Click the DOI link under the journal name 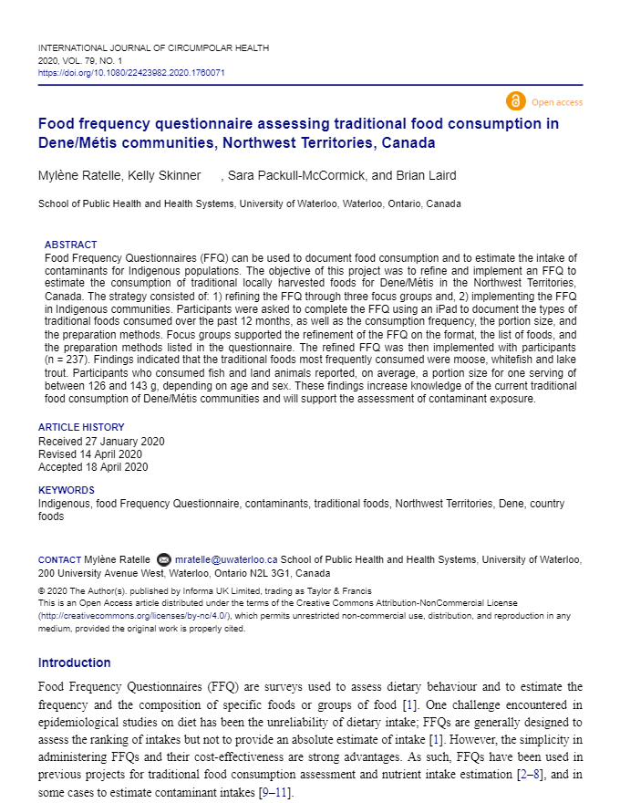[x=131, y=72]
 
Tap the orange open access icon [x=515, y=101]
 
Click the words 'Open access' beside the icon [x=557, y=102]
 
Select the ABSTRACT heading [x=70, y=245]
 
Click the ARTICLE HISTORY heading [x=81, y=427]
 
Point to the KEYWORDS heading [x=66, y=490]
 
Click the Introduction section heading [x=74, y=662]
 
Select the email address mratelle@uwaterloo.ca [x=226, y=559]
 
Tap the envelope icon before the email [x=164, y=559]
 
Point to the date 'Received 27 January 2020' [x=101, y=441]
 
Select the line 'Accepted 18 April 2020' [x=92, y=466]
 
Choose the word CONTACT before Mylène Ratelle [x=59, y=559]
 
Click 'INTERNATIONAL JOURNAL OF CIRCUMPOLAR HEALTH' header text [x=153, y=47]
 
